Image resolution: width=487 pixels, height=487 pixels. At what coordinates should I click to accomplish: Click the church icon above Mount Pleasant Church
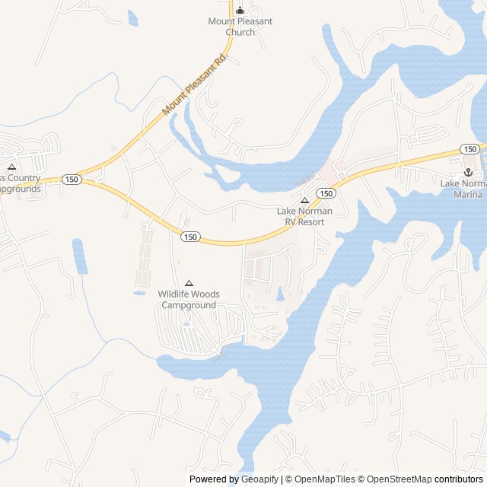240,11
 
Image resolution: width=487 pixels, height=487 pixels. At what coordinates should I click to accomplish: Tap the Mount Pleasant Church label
240,27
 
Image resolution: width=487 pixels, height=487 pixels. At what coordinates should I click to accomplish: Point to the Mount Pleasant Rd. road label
196,84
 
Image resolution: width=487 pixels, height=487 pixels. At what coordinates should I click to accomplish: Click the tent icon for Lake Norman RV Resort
304,201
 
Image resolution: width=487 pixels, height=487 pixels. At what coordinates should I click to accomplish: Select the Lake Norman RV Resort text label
300,217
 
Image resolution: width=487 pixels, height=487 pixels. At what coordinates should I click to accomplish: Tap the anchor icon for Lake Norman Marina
468,173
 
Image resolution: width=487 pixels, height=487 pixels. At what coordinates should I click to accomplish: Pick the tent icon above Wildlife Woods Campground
189,283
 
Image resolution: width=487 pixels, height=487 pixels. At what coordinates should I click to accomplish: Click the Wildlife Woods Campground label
189,300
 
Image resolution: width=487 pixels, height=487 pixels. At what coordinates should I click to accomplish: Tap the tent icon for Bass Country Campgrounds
11,167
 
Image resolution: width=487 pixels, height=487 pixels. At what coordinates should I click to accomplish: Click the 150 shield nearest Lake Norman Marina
469,148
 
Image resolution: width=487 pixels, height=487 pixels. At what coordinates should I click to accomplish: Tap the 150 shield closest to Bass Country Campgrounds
72,179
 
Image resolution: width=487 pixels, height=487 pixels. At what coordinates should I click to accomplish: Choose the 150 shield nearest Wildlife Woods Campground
190,237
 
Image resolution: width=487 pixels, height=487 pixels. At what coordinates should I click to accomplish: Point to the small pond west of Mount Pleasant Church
133,18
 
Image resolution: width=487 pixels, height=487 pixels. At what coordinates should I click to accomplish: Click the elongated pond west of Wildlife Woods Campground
80,256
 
